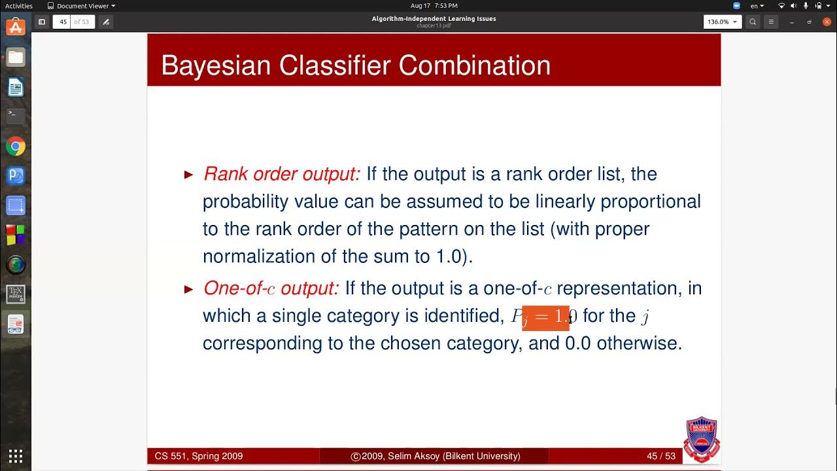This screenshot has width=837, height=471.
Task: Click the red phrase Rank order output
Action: [281, 174]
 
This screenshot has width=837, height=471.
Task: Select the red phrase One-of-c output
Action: [271, 288]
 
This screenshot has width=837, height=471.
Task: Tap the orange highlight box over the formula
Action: [545, 317]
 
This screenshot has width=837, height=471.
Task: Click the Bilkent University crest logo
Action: [702, 438]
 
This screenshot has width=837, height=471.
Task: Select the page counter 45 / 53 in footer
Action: [660, 456]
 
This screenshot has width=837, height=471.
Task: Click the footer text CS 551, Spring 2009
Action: [199, 456]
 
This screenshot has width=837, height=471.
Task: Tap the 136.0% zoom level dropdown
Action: [721, 22]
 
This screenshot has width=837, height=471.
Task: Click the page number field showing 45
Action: [63, 22]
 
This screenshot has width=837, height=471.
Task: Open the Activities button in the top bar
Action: [19, 6]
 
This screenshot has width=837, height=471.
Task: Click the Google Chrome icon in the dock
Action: [16, 147]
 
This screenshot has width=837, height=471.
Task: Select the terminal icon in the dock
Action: [16, 116]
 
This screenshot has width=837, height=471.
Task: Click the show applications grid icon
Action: [16, 456]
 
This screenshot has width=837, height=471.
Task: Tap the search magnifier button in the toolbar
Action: [753, 22]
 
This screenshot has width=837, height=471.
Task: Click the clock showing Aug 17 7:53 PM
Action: [435, 6]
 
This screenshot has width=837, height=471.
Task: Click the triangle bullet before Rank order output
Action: [189, 175]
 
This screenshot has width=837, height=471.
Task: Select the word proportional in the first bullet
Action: [650, 201]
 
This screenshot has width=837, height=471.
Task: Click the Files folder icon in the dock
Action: [16, 58]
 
